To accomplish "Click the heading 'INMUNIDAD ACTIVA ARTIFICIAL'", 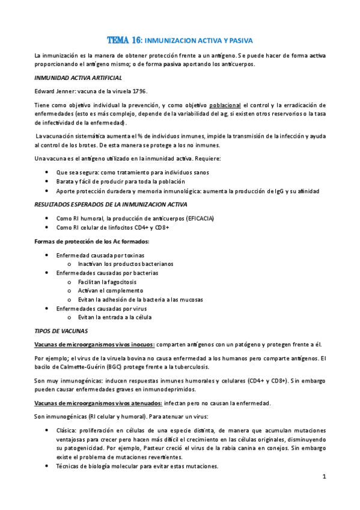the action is tap(78, 78).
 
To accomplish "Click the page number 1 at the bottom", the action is tap(323, 478).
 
